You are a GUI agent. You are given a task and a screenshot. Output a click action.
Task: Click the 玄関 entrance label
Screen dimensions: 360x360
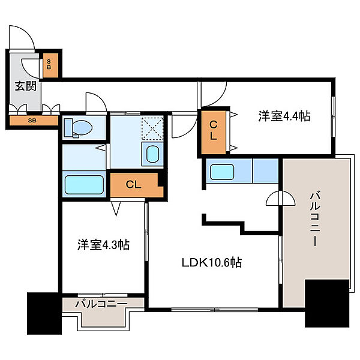coord(25,86)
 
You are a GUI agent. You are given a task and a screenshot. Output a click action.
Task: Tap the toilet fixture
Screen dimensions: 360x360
coord(78,128)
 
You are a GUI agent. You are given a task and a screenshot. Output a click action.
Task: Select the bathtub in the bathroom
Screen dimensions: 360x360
coord(84,185)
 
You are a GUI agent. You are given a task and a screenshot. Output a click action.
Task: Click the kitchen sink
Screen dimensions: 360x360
coord(222,172)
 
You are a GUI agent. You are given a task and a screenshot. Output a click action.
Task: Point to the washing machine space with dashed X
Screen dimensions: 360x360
coord(152,128)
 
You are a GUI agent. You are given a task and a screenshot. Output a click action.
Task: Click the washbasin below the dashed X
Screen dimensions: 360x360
coord(152,154)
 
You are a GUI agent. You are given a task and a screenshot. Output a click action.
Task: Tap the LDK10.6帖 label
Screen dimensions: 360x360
coord(212,262)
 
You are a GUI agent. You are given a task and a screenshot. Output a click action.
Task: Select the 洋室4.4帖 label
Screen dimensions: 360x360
coord(284,116)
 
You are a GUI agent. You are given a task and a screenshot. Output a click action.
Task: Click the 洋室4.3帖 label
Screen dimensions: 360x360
coord(103,245)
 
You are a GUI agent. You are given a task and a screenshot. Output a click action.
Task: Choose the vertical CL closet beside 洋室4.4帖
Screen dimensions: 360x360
coord(213,132)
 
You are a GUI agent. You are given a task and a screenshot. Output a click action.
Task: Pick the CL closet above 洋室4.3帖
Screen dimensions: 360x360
coord(137,185)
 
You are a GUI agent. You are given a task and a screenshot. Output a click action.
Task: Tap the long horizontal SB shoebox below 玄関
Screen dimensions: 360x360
coord(34,121)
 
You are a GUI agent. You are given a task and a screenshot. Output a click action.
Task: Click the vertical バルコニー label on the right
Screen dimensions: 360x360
coord(316,219)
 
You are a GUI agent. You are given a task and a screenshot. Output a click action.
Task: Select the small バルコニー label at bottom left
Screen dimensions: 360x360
coord(101,304)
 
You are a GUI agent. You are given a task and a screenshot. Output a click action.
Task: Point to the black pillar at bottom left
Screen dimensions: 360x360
coord(44,313)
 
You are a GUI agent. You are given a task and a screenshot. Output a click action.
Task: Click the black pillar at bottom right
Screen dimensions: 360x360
coord(327,303)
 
